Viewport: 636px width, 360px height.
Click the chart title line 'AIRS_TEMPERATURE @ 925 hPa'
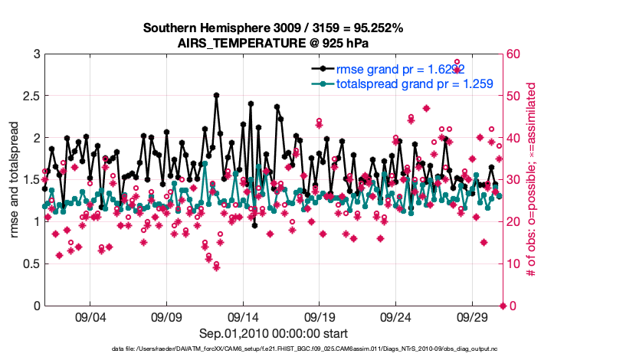tap(274, 42)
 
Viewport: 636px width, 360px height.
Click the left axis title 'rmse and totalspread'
tap(15, 180)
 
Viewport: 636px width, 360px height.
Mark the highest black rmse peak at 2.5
tap(217, 96)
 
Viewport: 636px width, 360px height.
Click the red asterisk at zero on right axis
tap(503, 306)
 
